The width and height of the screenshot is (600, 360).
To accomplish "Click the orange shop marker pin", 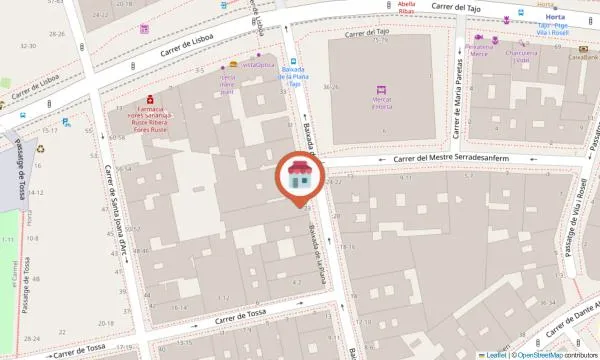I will coord(297,179).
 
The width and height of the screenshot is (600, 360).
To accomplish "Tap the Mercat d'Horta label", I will coord(379,103).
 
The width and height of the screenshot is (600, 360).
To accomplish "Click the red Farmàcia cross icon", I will coord(149,99).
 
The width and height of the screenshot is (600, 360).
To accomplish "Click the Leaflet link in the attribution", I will coord(496,354).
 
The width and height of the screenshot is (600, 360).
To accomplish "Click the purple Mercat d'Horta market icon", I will coord(379,89).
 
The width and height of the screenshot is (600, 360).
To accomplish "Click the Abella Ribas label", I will coord(406,8).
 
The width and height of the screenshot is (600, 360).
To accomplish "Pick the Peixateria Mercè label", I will coord(479,51).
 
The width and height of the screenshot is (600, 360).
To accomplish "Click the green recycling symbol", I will coord(41,149).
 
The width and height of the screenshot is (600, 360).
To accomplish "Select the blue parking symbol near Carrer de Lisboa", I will coord(66,123).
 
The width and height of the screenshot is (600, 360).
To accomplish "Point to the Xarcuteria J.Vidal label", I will coord(516,56).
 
